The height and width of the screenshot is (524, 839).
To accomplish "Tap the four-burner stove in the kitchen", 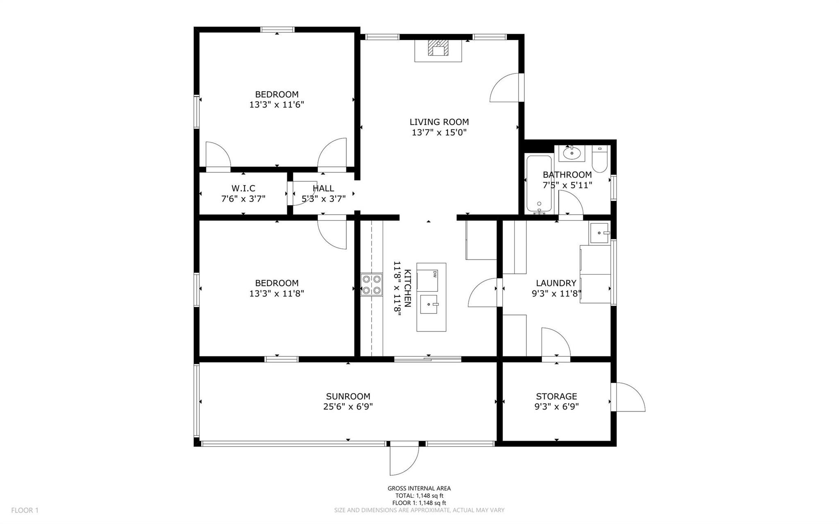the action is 371,285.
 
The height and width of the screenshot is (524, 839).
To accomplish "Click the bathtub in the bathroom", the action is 540,184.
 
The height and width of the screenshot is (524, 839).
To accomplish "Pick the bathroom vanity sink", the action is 571,154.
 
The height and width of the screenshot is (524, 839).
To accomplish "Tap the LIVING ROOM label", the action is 439,122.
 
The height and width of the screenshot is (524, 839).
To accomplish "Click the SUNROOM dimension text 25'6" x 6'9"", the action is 348,407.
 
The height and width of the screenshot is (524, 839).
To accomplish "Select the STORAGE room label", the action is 556,396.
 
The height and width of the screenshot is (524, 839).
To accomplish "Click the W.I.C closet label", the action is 243,188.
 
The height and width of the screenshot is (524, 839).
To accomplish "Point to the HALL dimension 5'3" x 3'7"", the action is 324,199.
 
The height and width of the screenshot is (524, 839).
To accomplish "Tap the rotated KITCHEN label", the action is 408,288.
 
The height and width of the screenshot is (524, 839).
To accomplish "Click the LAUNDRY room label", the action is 556,283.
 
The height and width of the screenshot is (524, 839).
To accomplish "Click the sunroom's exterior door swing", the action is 404,461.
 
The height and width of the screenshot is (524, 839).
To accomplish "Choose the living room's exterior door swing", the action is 504,87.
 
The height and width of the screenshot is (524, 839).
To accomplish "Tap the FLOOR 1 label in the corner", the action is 25,510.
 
